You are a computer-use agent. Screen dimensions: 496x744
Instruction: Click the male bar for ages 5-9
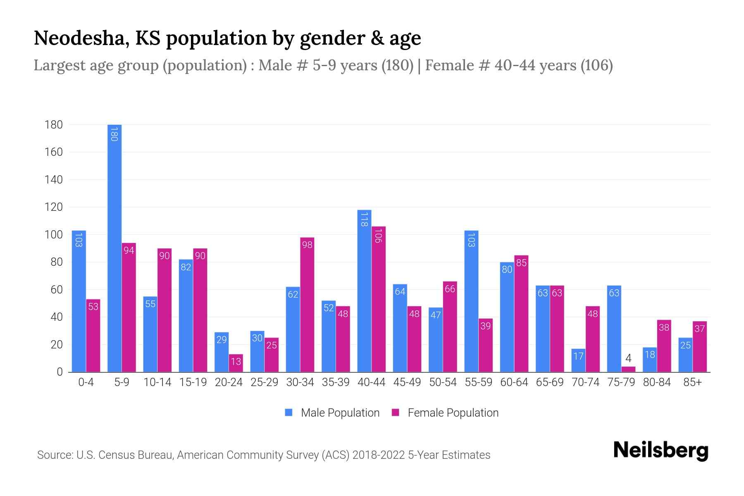point(114,248)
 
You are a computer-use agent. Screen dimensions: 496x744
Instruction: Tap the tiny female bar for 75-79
point(628,369)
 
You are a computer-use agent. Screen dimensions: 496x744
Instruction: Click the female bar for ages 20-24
point(236,363)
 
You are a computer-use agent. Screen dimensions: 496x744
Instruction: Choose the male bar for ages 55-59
point(471,301)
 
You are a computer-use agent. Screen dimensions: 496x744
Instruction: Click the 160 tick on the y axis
point(54,152)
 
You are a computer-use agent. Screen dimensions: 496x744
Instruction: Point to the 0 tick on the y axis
point(60,372)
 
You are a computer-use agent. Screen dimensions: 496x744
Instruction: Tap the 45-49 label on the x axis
point(407,382)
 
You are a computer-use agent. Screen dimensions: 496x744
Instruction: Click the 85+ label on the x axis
point(692,382)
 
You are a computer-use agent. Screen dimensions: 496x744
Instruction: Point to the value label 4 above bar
point(628,358)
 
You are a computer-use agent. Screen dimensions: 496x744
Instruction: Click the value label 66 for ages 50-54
point(450,289)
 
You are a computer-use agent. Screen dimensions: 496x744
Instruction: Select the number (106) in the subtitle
point(596,65)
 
